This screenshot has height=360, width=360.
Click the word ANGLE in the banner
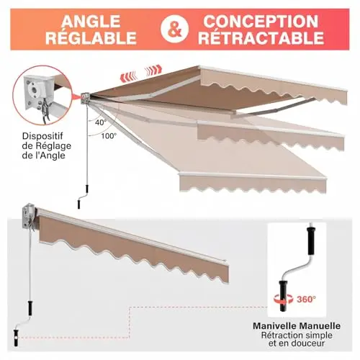tap(91, 21)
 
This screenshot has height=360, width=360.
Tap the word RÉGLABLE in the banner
tap(91, 37)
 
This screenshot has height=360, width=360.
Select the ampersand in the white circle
tap(175, 30)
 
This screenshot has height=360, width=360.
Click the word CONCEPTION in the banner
tap(261, 21)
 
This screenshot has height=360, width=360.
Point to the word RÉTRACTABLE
tap(261, 37)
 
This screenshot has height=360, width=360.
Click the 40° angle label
tap(101, 122)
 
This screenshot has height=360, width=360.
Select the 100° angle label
tap(109, 136)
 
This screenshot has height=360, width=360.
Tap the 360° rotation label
tap(306, 299)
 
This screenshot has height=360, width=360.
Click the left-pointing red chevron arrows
tap(129, 76)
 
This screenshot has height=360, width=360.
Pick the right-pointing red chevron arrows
tap(153, 70)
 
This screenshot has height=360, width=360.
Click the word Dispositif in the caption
tap(42, 136)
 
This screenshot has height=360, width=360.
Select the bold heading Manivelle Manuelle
tap(297, 325)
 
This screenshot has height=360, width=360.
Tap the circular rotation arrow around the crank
tap(284, 299)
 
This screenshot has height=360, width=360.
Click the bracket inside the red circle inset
tap(40, 92)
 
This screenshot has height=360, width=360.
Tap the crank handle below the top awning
tap(83, 197)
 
